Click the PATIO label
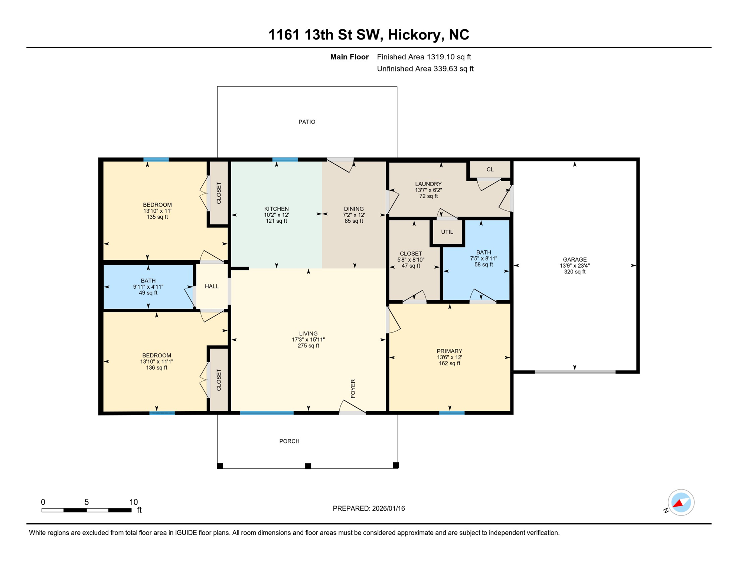tap(307, 122)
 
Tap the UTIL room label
tap(447, 232)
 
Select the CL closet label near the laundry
tap(490, 169)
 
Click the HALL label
tap(212, 286)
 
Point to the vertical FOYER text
tap(353, 389)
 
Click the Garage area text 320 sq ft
tap(574, 272)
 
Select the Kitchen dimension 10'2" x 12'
tap(276, 215)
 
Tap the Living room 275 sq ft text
tap(308, 345)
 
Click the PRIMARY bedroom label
tap(449, 351)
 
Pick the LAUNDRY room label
tap(428, 184)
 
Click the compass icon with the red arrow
tap(681, 502)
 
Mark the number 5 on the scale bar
tap(86, 502)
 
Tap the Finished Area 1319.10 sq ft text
tap(424, 57)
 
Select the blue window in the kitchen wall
tap(285, 160)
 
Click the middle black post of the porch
tap(308, 466)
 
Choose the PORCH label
tap(289, 441)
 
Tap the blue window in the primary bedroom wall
tap(451, 413)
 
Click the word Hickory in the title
tap(415, 35)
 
